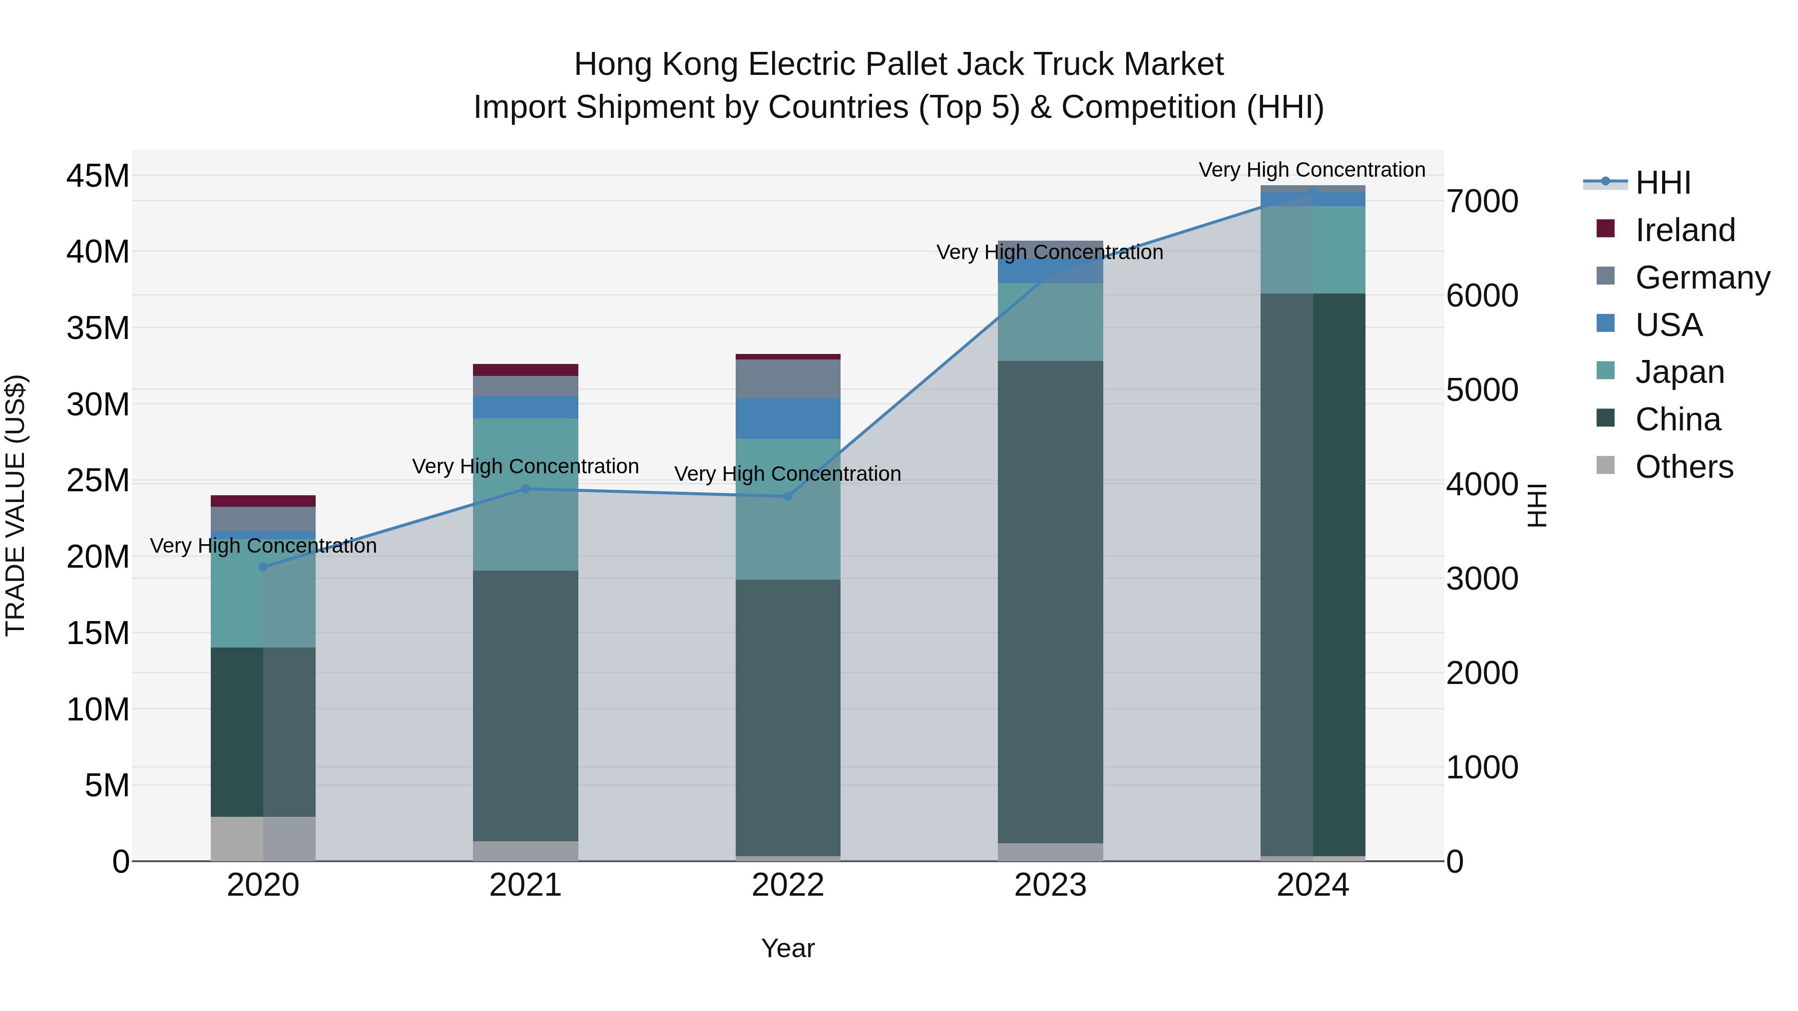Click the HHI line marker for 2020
click(263, 567)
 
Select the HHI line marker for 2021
click(525, 489)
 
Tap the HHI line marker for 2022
click(788, 497)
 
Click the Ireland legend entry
click(1684, 230)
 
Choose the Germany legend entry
click(1702, 278)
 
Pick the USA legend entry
click(1668, 325)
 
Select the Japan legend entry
click(1679, 372)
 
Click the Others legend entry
click(1684, 467)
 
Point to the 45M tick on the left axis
click(98, 176)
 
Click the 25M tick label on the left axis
click(98, 481)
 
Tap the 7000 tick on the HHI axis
click(1482, 202)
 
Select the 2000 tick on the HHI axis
click(1482, 674)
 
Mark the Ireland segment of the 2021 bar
click(525, 370)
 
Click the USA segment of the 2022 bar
click(788, 419)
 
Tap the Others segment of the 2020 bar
click(263, 839)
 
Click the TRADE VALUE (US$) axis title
click(16, 505)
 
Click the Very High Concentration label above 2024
click(1312, 170)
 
